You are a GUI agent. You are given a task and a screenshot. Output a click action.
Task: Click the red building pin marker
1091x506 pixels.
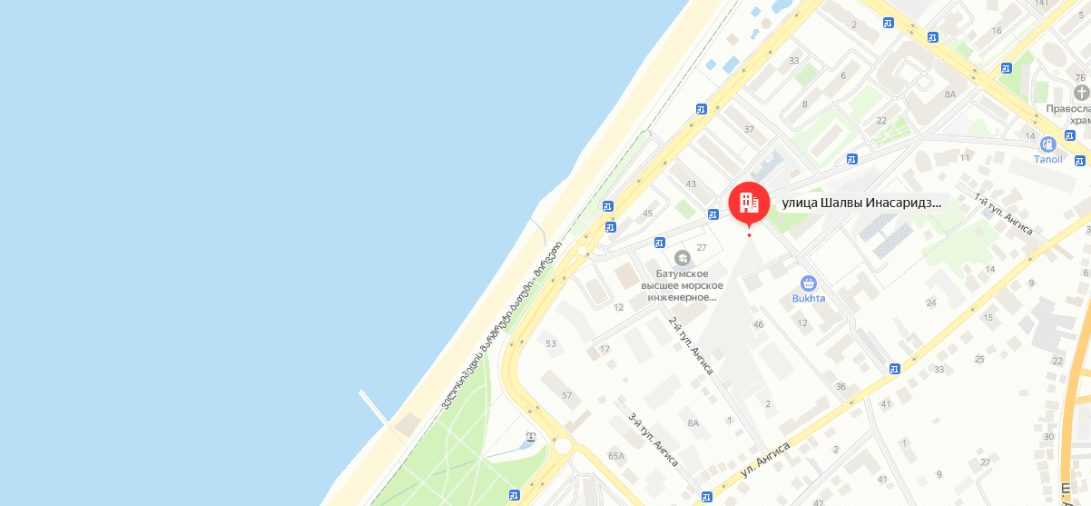(x=749, y=202)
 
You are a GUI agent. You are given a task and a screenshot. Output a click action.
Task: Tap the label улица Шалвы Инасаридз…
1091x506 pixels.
(x=861, y=203)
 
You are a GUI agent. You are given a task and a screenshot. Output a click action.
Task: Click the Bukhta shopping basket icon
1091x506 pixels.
(x=808, y=283)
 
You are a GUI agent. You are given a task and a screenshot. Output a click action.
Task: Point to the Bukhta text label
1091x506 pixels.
(x=808, y=298)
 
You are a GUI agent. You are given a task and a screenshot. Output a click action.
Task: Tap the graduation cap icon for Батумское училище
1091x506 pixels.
(x=682, y=259)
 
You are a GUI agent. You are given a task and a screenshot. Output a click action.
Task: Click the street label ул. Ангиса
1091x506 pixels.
(x=765, y=460)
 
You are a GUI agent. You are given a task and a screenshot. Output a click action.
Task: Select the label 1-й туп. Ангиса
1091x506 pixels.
(x=1003, y=214)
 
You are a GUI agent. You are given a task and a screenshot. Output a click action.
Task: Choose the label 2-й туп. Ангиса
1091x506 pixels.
(x=691, y=345)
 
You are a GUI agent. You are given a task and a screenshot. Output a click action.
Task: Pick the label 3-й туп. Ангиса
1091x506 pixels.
(x=654, y=439)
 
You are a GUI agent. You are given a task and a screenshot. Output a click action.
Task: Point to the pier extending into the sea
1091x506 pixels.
(x=375, y=407)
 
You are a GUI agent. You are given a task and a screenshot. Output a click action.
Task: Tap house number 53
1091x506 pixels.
(x=550, y=343)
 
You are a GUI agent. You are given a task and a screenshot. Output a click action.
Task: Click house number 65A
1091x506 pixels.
(x=616, y=456)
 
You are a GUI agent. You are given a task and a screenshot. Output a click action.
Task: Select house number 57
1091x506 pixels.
(x=567, y=395)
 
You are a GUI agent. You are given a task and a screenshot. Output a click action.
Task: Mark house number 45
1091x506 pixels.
(x=647, y=213)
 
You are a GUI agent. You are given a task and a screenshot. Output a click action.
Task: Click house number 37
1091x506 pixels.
(x=749, y=129)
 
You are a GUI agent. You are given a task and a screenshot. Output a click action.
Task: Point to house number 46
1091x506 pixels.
(x=759, y=324)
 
